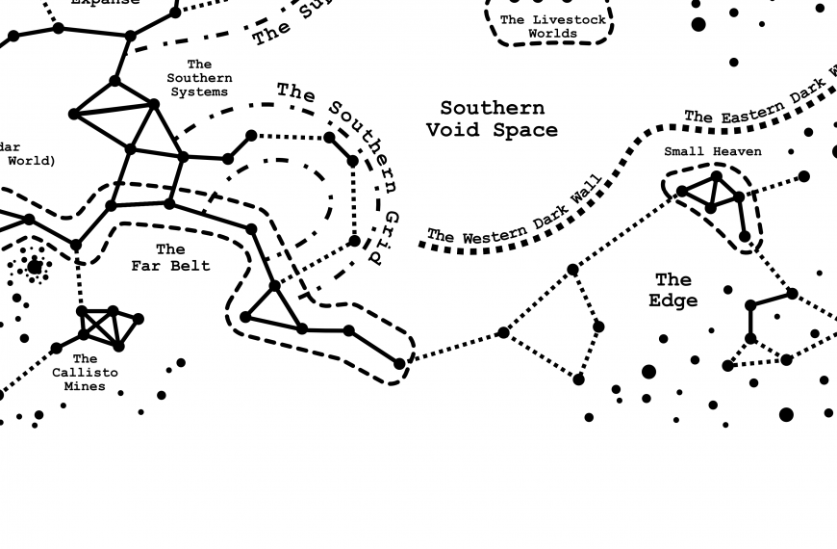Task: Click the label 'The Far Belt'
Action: pyautogui.click(x=170, y=257)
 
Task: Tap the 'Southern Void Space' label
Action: pyautogui.click(x=492, y=118)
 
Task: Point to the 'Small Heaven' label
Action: pyautogui.click(x=712, y=151)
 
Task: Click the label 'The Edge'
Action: pyautogui.click(x=672, y=290)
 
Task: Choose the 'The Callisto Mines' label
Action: pyautogui.click(x=85, y=372)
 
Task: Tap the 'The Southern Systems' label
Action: pyautogui.click(x=199, y=78)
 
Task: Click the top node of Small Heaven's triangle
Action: pyautogui.click(x=717, y=176)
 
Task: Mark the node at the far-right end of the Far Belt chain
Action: pyautogui.click(x=399, y=363)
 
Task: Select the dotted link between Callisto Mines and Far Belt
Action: pyautogui.click(x=79, y=279)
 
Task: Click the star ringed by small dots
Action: pyautogui.click(x=36, y=267)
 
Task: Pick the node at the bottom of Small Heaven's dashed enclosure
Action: pyautogui.click(x=745, y=236)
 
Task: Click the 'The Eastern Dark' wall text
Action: pyautogui.click(x=760, y=105)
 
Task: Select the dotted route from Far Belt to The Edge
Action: pyautogui.click(x=452, y=348)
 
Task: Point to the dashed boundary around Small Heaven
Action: pyautogui.click(x=760, y=207)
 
